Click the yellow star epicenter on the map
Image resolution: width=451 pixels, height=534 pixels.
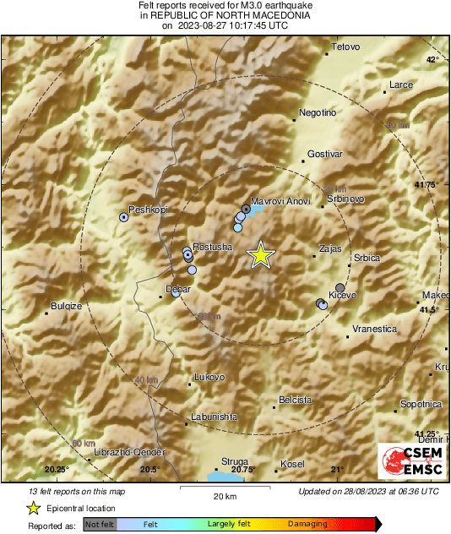[261, 254]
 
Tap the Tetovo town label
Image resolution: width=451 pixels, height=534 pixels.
[345, 46]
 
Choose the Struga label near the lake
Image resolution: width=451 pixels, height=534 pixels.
[234, 461]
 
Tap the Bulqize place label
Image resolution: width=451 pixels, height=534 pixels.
[66, 307]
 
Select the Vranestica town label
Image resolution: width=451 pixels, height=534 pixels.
[374, 329]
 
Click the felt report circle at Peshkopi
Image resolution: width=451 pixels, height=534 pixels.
[124, 217]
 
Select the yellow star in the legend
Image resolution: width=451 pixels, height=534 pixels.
[33, 508]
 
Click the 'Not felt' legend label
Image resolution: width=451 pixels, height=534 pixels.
[100, 525]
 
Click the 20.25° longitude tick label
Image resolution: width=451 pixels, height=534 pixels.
[57, 470]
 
